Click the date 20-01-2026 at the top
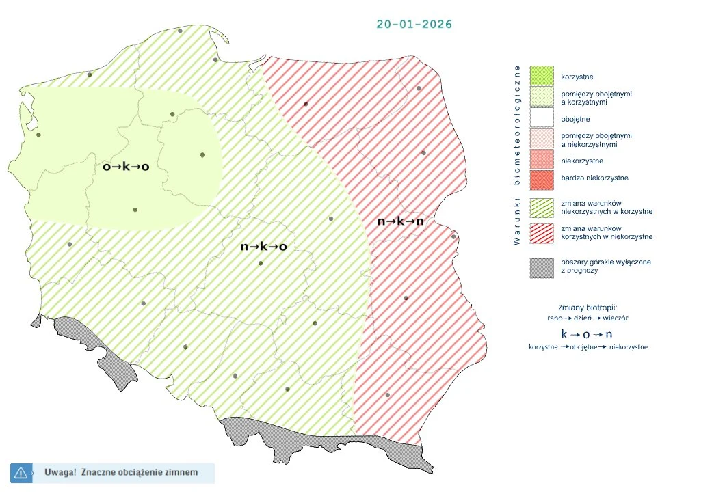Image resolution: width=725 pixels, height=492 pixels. [x=414, y=24]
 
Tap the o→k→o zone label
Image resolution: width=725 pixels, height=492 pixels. [x=126, y=166]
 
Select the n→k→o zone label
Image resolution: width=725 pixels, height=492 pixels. [x=263, y=247]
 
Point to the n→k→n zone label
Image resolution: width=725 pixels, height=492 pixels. [x=400, y=221]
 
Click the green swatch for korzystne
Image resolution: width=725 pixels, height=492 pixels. [x=542, y=76]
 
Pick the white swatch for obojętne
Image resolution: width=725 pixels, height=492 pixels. [x=542, y=119]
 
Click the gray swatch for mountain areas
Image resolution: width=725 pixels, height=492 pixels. [x=542, y=266]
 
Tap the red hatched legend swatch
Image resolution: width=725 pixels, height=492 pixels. [x=542, y=232]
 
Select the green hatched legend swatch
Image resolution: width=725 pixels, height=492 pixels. [x=542, y=207]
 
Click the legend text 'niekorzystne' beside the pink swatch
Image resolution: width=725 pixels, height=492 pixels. [x=581, y=161]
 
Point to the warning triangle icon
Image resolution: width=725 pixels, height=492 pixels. [x=21, y=472]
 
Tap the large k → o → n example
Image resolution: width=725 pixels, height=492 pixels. [x=587, y=334]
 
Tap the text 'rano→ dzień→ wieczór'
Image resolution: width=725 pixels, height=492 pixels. [x=588, y=318]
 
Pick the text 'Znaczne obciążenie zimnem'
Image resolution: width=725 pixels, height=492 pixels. [x=139, y=472]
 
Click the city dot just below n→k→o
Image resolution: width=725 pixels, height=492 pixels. [x=260, y=263]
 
